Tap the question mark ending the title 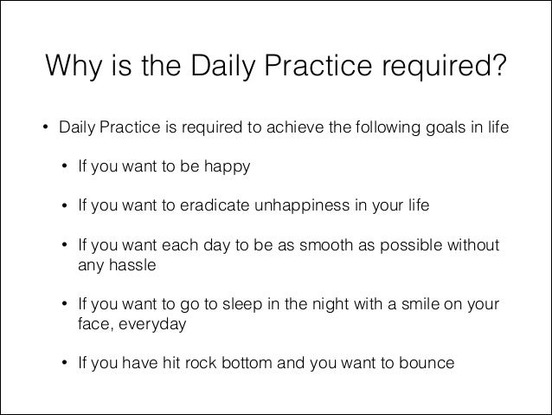tap(499, 66)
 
